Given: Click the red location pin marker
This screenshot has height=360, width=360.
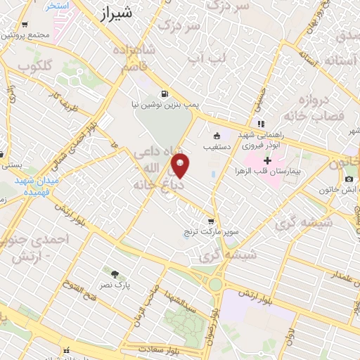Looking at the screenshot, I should [181, 166].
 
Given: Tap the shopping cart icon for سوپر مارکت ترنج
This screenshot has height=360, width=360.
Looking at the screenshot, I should [210, 221].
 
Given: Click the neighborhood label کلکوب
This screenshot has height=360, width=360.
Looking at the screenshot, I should [34, 67].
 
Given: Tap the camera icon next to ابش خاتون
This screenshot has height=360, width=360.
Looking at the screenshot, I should [349, 179].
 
